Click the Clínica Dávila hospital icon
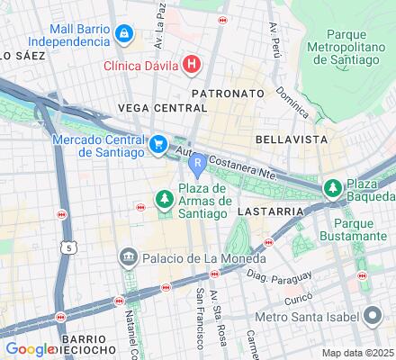(x=191, y=64)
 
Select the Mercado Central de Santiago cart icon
(x=158, y=143)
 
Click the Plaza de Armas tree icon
(x=164, y=198)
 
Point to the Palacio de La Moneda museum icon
(x=127, y=258)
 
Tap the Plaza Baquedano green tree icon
(x=331, y=188)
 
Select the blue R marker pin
(x=196, y=166)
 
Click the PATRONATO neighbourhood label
(x=228, y=93)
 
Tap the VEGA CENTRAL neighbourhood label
(x=157, y=108)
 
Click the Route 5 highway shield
(x=70, y=246)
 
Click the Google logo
(x=29, y=349)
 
